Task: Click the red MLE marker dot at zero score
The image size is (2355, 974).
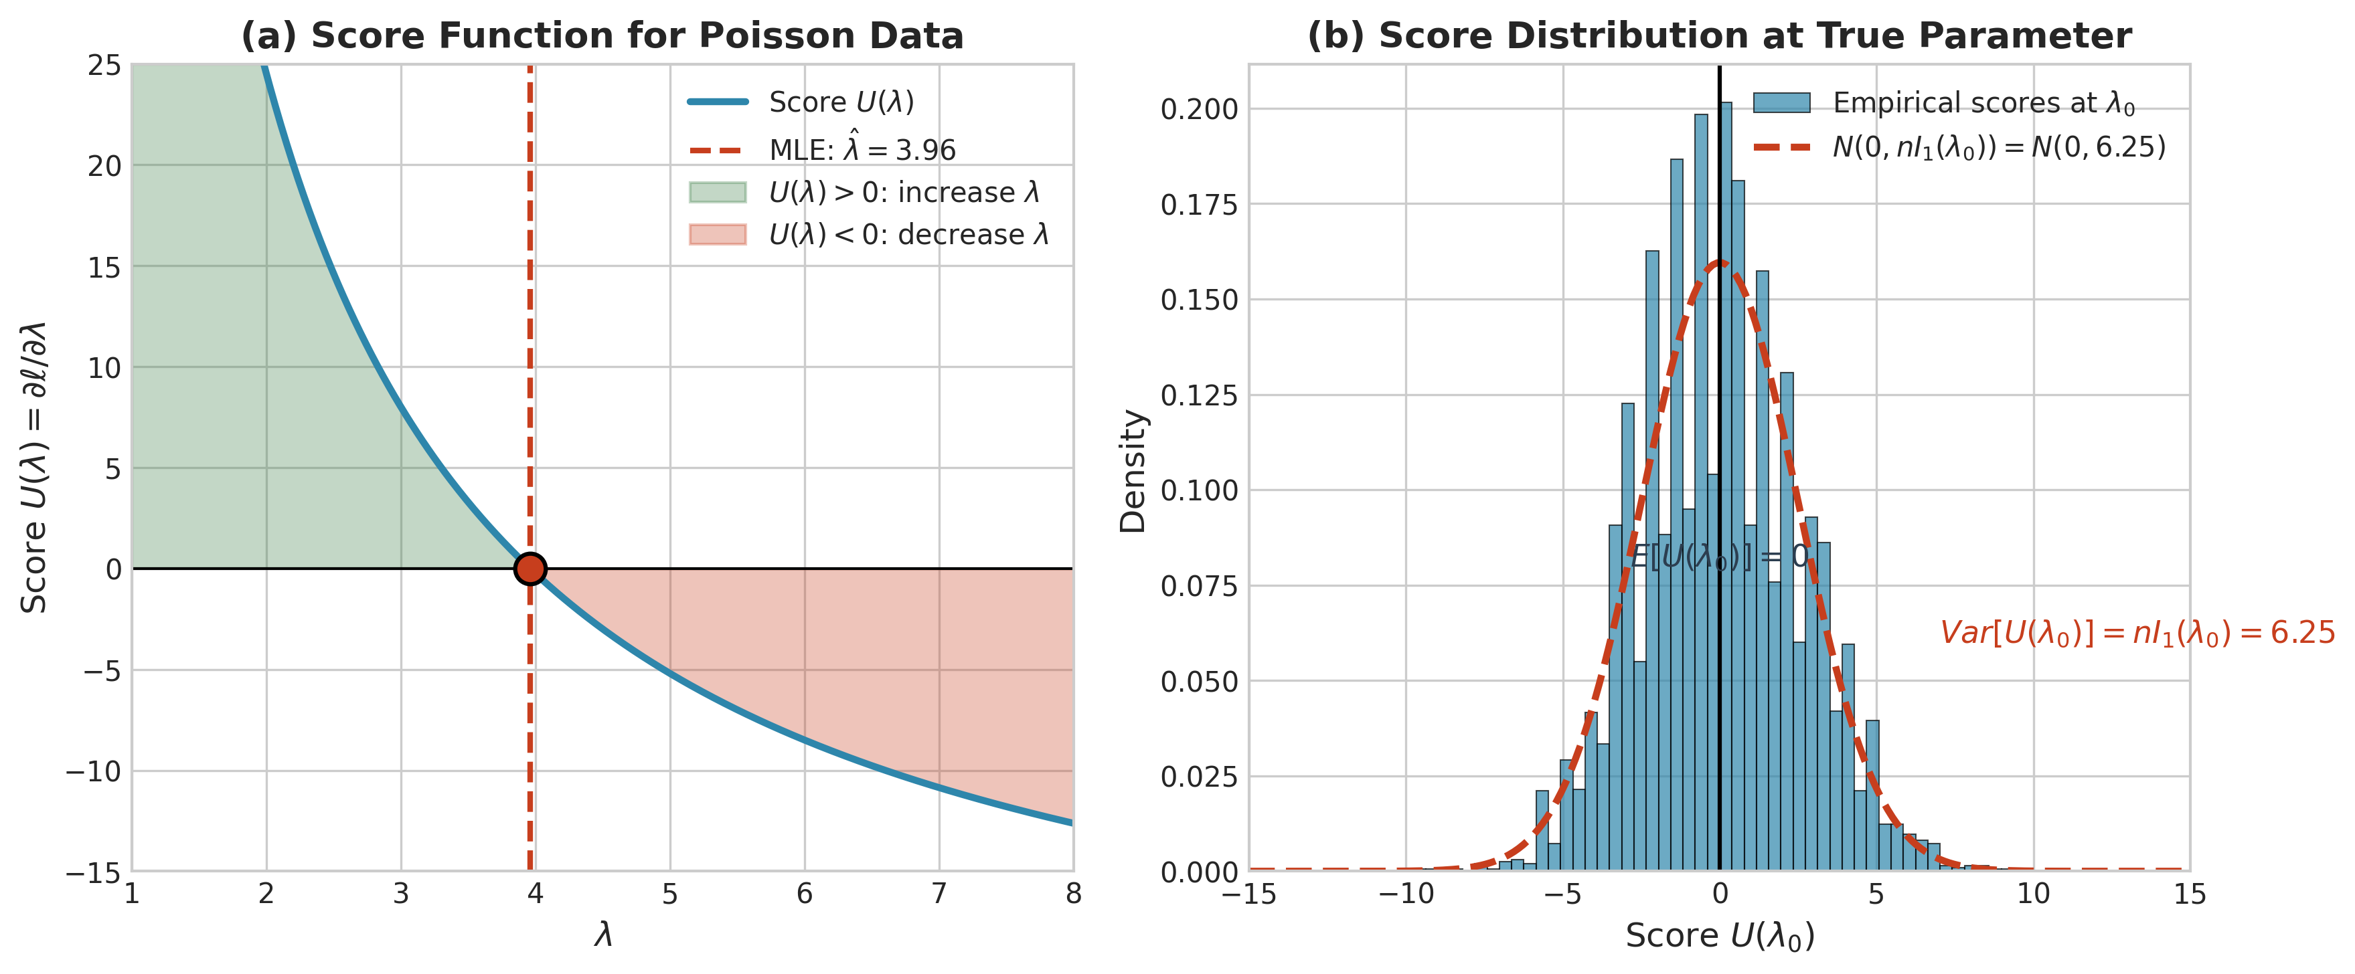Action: pyautogui.click(x=530, y=569)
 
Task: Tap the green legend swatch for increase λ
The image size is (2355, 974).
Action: pyautogui.click(x=718, y=192)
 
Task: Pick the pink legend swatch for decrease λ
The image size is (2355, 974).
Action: pyautogui.click(x=718, y=235)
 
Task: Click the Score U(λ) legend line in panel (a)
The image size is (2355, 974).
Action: pyautogui.click(x=718, y=102)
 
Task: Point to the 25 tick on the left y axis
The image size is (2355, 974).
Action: pyautogui.click(x=104, y=65)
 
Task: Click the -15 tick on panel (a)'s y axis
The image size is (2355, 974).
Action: pyautogui.click(x=93, y=872)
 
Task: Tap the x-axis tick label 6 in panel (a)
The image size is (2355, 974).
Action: pyautogui.click(x=805, y=894)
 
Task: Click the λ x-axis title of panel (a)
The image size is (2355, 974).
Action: pyautogui.click(x=602, y=935)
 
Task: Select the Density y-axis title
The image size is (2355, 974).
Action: pyautogui.click(x=1133, y=470)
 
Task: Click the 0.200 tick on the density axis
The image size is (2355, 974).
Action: pyautogui.click(x=1198, y=110)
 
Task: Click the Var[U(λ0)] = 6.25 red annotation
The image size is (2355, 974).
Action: pyautogui.click(x=2137, y=632)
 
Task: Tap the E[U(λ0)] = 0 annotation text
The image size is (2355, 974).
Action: pyautogui.click(x=1718, y=557)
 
